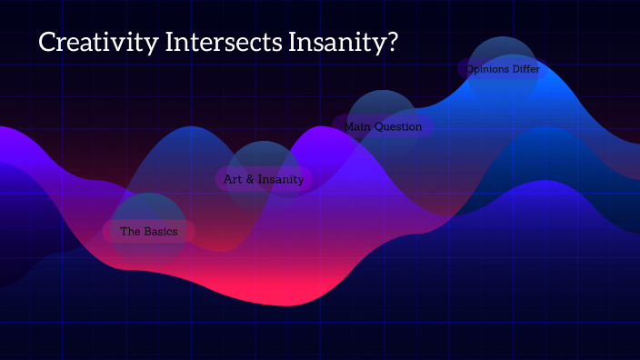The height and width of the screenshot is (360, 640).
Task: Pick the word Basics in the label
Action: [x=162, y=232]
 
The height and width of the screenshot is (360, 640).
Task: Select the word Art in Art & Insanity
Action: [x=233, y=179]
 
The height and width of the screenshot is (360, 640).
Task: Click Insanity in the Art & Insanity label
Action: [x=281, y=179]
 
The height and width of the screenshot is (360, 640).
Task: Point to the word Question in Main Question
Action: [x=398, y=126]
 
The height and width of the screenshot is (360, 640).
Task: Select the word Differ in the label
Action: [x=531, y=69]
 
